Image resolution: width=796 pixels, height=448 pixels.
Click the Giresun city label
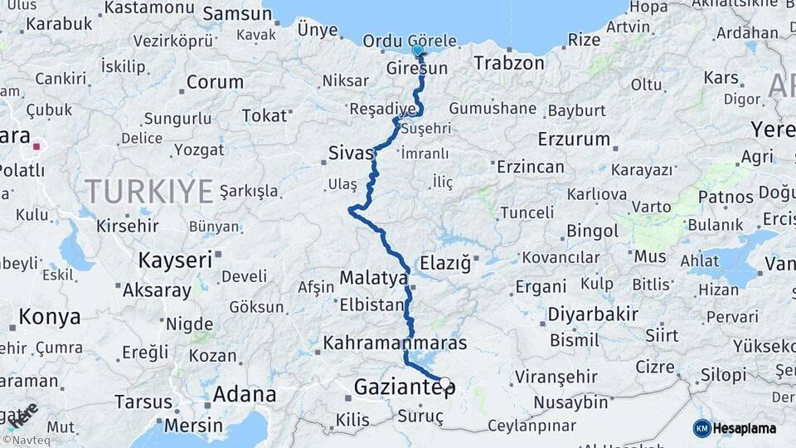click(x=416, y=69)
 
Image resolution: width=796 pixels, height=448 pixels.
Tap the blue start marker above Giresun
click(x=418, y=50)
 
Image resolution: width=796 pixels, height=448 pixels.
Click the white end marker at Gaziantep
click(x=445, y=382)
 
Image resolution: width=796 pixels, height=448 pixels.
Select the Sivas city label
click(x=351, y=153)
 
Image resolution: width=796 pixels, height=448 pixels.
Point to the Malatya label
click(x=374, y=278)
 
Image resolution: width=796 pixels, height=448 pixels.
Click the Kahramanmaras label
click(x=395, y=342)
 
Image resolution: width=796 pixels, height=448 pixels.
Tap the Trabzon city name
click(x=509, y=63)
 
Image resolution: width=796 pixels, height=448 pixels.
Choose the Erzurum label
click(x=574, y=139)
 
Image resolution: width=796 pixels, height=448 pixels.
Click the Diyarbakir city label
click(x=593, y=314)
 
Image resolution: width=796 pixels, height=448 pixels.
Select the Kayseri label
click(x=175, y=260)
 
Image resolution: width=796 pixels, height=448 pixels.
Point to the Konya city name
click(x=50, y=316)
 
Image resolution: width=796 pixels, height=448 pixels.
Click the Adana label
click(x=244, y=394)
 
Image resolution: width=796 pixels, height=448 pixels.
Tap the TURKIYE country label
click(x=148, y=192)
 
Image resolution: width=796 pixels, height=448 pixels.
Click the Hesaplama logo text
click(x=745, y=428)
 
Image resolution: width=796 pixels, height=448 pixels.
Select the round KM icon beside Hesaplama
click(x=702, y=428)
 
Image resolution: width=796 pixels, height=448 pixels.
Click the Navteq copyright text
click(x=27, y=441)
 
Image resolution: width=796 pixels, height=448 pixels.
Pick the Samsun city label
click(x=237, y=13)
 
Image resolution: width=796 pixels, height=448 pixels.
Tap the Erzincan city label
click(x=530, y=167)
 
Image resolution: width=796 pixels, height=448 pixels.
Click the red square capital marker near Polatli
click(x=36, y=149)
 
